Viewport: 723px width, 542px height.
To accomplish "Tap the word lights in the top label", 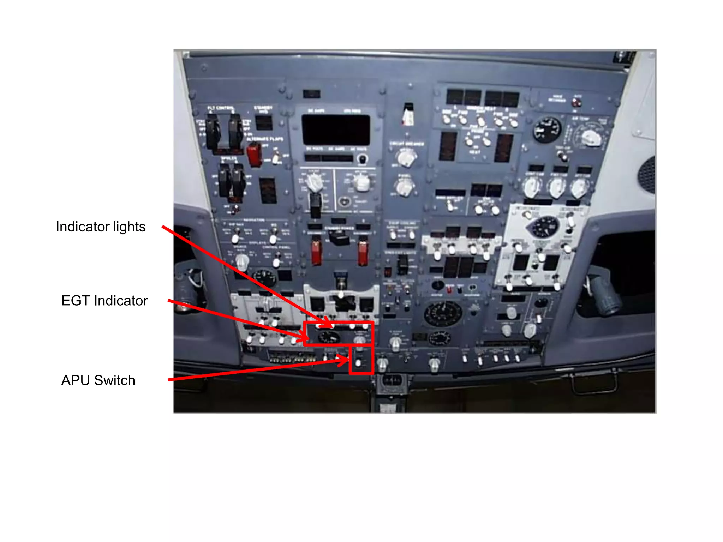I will (129, 227).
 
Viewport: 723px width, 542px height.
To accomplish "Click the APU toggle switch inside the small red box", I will (359, 362).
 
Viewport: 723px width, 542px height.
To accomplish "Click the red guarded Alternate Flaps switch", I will (253, 155).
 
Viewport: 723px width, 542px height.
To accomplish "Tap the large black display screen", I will (336, 130).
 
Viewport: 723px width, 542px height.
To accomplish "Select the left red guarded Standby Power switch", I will (316, 252).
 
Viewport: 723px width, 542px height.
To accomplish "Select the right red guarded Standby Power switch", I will (363, 252).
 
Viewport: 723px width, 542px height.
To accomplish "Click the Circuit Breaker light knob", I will (406, 158).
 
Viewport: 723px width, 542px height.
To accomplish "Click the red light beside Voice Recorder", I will (576, 103).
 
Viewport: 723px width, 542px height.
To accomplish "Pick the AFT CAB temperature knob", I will (579, 188).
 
